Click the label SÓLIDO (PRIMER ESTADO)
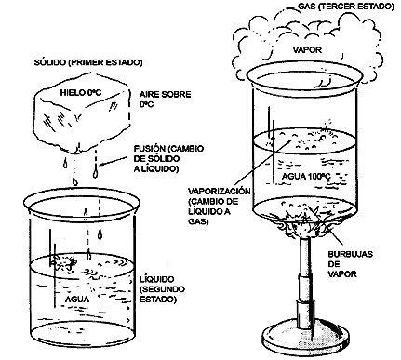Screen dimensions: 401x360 [x=88, y=62]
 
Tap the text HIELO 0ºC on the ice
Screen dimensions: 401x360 [x=80, y=92]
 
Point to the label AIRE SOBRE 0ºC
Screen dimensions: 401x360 [x=165, y=99]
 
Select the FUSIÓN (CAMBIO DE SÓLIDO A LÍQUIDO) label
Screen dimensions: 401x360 [x=168, y=159]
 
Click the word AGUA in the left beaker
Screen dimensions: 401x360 [x=77, y=300]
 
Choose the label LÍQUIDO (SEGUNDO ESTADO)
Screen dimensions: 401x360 [x=162, y=289]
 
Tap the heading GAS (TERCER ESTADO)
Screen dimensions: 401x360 [x=346, y=7]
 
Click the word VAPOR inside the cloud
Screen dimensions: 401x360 [x=308, y=49]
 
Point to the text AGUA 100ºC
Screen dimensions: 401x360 [x=306, y=177]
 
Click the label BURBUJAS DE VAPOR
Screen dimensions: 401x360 [x=350, y=264]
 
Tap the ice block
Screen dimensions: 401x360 [x=82, y=113]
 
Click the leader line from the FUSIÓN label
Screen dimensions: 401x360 [x=114, y=160]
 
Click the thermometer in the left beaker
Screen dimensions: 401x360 [x=53, y=268]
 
